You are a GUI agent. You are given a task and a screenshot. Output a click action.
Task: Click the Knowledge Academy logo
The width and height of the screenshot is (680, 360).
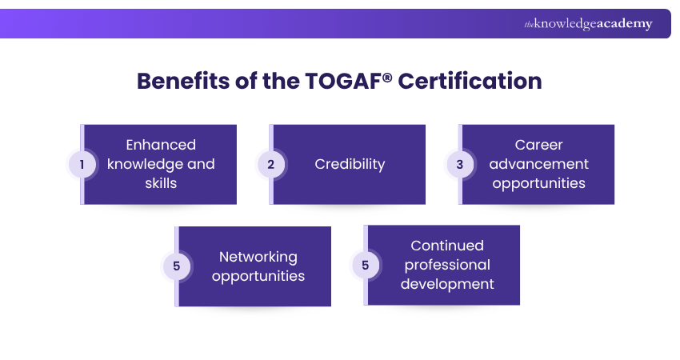(x=588, y=24)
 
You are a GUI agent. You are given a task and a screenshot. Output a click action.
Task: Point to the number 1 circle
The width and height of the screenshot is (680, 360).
(x=82, y=165)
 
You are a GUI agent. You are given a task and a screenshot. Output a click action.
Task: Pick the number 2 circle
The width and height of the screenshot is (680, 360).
(x=270, y=165)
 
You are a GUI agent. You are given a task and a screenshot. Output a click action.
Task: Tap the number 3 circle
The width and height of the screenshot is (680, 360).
(x=459, y=165)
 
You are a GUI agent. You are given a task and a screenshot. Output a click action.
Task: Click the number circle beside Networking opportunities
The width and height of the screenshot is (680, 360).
(x=176, y=266)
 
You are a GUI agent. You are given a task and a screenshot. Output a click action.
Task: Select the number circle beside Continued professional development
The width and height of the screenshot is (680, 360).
(x=365, y=265)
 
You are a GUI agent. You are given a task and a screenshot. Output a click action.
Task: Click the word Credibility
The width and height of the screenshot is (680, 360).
(x=350, y=164)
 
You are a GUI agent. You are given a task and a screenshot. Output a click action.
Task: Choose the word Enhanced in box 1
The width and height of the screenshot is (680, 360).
(x=161, y=145)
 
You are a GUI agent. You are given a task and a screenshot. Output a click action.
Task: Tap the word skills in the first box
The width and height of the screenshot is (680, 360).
(x=161, y=183)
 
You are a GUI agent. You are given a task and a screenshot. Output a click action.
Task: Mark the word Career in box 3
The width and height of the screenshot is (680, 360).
(x=538, y=145)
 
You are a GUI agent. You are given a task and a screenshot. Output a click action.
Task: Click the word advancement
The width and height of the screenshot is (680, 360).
(x=538, y=164)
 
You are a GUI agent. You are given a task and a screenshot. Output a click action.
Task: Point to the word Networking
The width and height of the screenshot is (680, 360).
(x=258, y=257)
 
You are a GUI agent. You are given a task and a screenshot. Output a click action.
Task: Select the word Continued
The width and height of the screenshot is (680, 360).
(x=447, y=246)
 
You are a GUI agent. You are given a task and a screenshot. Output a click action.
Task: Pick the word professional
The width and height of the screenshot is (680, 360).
(x=447, y=265)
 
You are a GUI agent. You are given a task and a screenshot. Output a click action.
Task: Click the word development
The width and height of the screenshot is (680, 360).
(x=447, y=284)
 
